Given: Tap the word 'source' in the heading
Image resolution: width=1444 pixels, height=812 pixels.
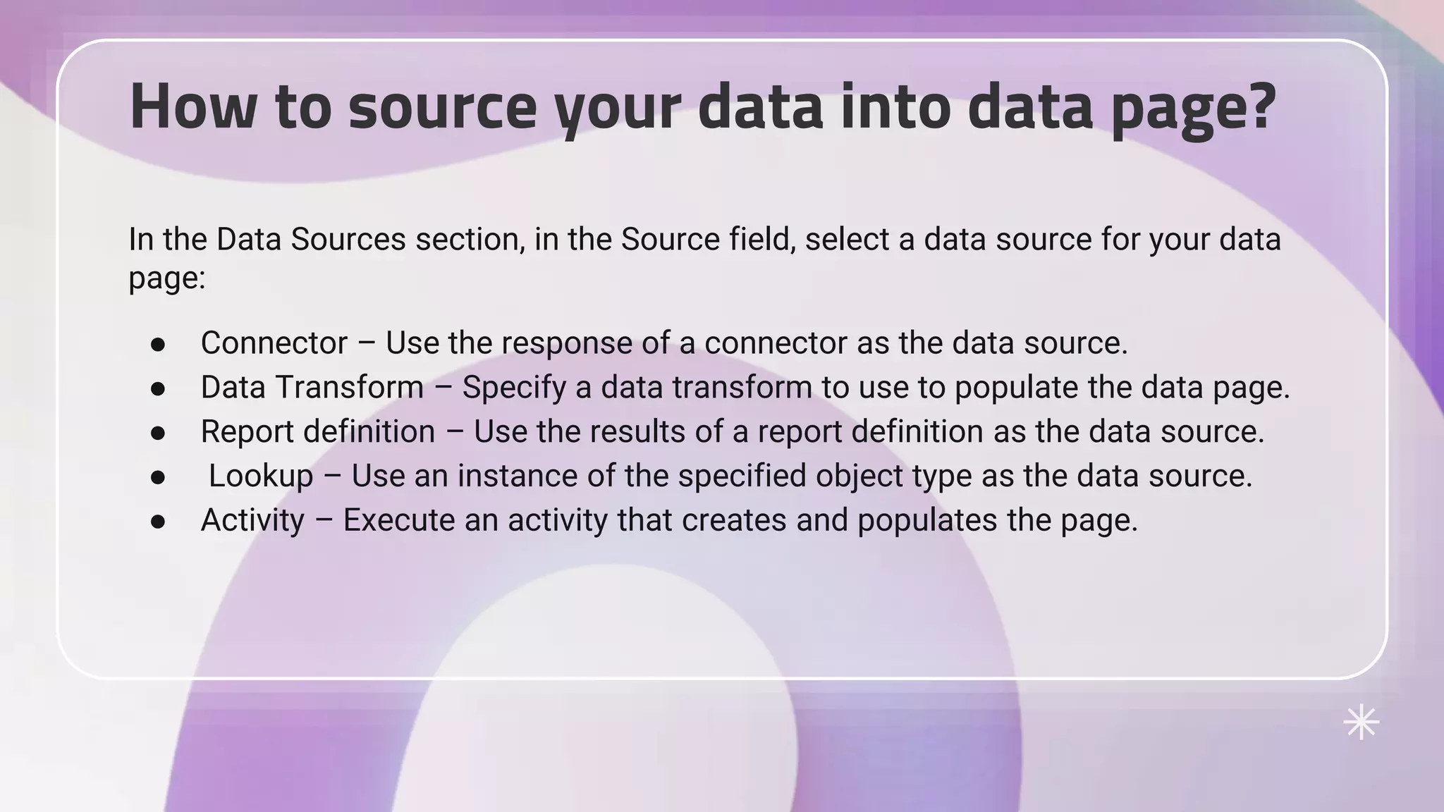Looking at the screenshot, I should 442,107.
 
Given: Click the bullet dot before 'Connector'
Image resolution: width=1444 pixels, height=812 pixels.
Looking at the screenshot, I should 158,345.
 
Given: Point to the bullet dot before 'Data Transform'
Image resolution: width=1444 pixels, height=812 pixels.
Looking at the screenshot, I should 158,389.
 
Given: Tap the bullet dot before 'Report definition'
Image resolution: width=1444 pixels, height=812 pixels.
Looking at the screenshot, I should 158,433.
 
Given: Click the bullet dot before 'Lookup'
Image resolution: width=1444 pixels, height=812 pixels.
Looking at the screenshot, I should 158,478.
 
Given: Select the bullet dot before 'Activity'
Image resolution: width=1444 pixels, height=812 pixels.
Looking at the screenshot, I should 158,522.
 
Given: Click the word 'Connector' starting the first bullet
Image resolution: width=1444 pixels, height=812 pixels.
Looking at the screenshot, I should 274,343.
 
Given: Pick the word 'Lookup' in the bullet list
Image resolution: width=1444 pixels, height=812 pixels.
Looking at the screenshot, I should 261,476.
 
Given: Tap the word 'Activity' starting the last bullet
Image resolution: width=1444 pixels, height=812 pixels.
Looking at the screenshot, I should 252,521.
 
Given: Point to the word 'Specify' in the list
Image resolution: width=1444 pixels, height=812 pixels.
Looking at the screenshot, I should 514,388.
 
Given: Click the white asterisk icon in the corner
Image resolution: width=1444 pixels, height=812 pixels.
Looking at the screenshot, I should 1361,722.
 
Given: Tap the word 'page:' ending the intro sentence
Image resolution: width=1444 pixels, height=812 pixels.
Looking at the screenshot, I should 166,278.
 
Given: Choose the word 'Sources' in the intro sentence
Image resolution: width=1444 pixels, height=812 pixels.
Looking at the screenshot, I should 348,239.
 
